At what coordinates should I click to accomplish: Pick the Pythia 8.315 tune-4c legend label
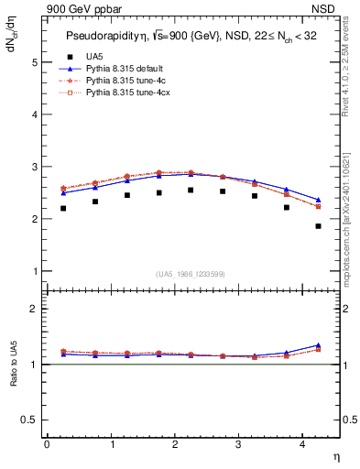[x=125, y=81]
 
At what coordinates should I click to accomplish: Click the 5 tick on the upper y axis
[x=37, y=62]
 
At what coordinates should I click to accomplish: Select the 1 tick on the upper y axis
[x=37, y=271]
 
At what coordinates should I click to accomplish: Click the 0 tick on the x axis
[x=47, y=446]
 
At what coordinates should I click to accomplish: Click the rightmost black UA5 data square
[x=318, y=251]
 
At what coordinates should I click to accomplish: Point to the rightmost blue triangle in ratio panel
[x=318, y=345]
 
